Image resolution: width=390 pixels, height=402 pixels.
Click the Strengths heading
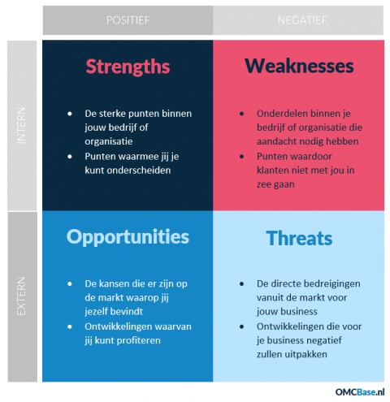pos(128,66)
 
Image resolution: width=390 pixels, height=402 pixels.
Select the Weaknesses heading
pos(299,66)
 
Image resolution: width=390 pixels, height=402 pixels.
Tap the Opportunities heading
pos(128,237)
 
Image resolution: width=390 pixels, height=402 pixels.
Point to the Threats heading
pos(299,238)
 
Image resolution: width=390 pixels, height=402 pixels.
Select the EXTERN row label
pos(23,296)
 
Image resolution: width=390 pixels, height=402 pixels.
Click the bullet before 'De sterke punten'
pos(72,114)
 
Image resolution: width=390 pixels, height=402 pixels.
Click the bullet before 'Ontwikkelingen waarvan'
pos(72,326)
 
